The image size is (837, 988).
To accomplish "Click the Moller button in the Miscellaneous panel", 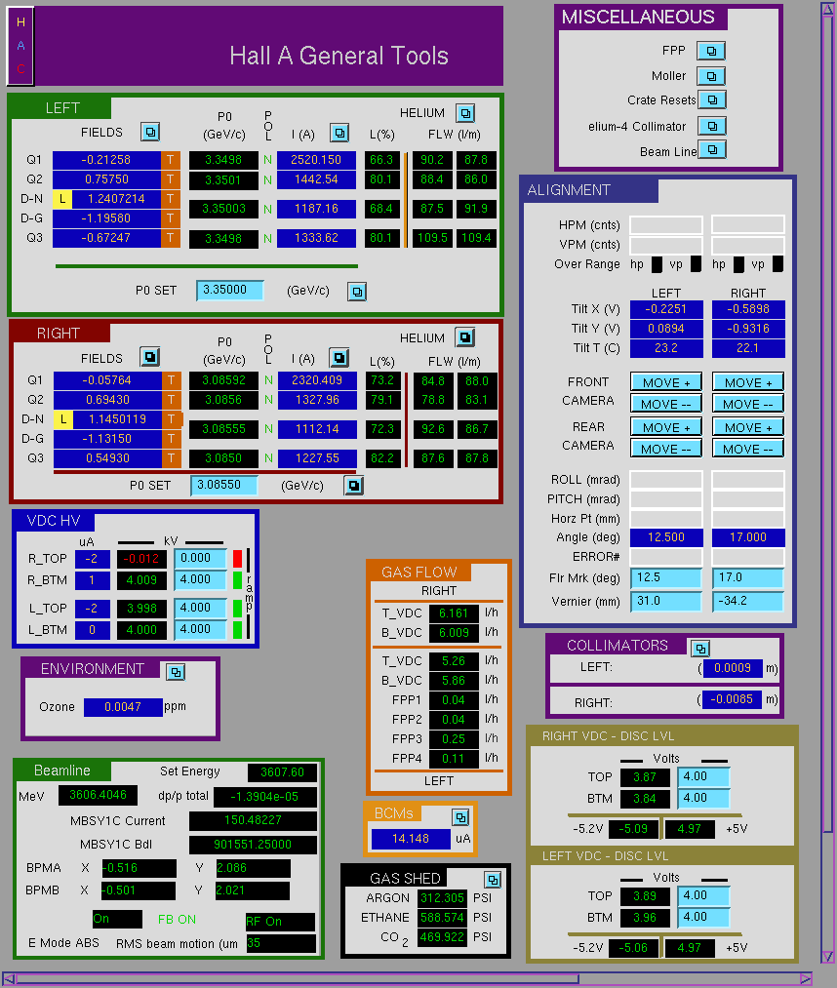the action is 711,76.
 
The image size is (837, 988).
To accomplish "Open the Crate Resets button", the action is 712,99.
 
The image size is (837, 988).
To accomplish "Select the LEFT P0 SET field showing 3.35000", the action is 229,290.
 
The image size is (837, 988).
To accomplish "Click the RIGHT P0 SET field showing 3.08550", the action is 224,485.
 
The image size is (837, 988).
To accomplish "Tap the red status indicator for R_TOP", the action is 238,558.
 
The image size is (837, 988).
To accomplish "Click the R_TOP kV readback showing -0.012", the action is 141,559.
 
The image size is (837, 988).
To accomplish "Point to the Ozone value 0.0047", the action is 123,707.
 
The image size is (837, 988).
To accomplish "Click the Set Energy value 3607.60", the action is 282,771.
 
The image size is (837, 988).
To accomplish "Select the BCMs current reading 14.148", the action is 411,839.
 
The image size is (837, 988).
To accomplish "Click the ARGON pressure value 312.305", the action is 443,898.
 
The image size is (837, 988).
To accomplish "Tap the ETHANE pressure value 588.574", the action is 443,918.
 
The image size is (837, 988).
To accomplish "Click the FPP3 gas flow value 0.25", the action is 454,738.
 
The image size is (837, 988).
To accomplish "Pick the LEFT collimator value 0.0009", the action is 733,668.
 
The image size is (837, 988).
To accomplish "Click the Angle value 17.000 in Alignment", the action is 748,537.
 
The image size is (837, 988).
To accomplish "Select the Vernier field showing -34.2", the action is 748,601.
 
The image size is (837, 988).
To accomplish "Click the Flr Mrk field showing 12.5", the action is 666,577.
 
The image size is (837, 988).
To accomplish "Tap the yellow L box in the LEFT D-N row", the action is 61,199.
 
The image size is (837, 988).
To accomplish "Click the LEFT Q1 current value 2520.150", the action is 316,160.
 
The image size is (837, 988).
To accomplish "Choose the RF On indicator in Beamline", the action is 280,922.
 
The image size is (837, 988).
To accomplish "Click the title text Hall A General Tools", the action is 339,56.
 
